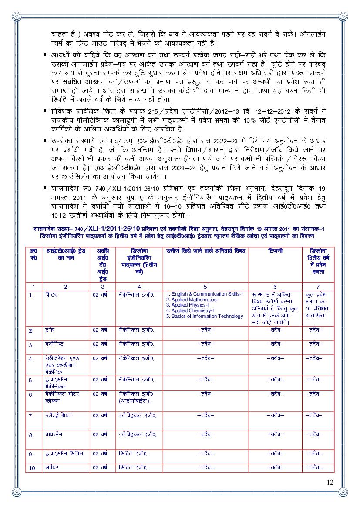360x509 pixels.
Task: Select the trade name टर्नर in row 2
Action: (x=50, y=330)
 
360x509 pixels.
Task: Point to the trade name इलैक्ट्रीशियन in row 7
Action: (x=59, y=415)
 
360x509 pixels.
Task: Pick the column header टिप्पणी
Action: (x=275, y=251)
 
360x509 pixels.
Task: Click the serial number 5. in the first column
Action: (x=31, y=380)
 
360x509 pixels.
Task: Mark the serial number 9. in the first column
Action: (x=31, y=454)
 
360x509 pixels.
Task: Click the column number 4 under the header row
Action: (x=139, y=287)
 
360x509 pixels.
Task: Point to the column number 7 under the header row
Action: (x=318, y=287)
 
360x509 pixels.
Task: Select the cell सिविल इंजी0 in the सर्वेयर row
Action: (x=133, y=467)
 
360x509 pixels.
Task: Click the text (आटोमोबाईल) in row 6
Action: (x=135, y=401)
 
